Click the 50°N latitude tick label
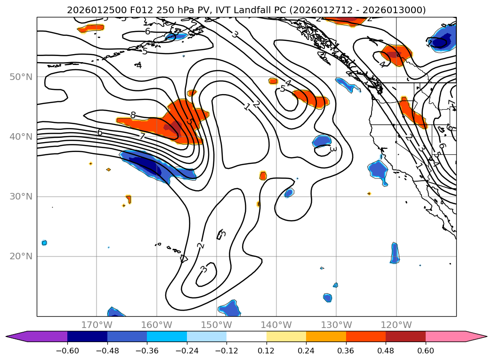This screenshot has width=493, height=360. (x=21, y=77)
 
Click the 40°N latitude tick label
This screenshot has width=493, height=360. (x=21, y=137)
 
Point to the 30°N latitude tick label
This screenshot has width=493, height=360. (x=21, y=197)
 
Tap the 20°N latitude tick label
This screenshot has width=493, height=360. (x=21, y=256)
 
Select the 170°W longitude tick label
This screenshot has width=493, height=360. (x=97, y=325)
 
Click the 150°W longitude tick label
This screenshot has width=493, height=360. (x=216, y=325)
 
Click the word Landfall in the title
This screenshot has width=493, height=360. (x=274, y=10)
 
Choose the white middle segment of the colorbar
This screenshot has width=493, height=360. (x=246, y=336)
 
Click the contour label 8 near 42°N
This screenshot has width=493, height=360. (x=133, y=115)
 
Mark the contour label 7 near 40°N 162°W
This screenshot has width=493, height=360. (x=142, y=136)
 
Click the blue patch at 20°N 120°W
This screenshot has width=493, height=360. (x=395, y=253)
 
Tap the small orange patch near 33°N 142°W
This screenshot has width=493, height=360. (x=263, y=176)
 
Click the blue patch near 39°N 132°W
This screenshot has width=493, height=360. (x=322, y=140)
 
